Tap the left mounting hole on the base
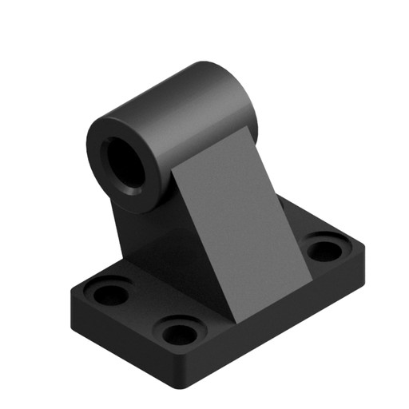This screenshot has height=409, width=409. [x=110, y=292]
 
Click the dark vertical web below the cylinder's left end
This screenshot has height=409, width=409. [x=128, y=228]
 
